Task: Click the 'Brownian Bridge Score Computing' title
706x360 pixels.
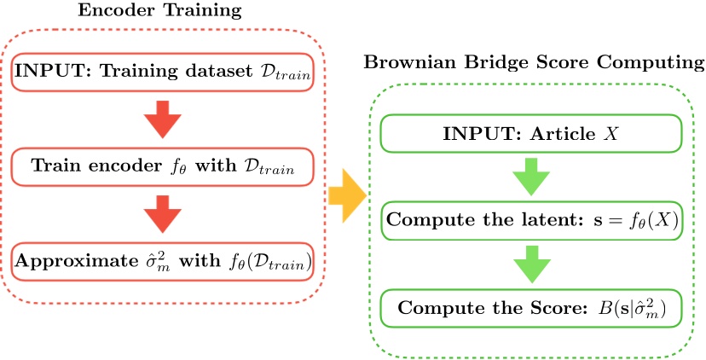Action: pos(534,62)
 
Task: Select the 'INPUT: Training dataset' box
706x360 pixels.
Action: pos(163,73)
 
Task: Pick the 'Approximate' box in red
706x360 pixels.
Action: pos(163,260)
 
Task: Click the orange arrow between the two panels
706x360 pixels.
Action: pos(345,195)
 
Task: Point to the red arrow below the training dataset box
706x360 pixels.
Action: pos(162,120)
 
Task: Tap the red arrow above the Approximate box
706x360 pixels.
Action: pos(162,214)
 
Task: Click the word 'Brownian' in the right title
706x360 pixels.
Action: pos(402,62)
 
